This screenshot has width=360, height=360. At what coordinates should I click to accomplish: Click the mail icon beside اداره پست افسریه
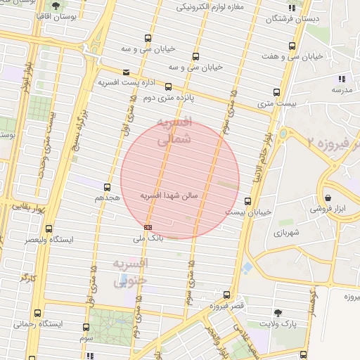[x=126, y=72]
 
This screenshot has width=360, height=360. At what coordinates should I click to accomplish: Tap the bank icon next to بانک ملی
[x=148, y=227]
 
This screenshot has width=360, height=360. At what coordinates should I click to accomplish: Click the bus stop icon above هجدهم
[x=107, y=187]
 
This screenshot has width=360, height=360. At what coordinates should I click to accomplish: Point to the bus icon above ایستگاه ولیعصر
[x=49, y=229]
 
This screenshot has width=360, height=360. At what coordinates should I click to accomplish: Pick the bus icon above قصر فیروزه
[x=226, y=295]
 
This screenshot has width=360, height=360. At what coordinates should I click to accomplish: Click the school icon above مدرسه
[x=342, y=79]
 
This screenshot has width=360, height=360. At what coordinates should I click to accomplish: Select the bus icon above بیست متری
[x=276, y=92]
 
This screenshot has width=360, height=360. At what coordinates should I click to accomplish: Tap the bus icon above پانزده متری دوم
[x=168, y=86]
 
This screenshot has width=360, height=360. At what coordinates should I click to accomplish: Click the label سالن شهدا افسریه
[x=171, y=194]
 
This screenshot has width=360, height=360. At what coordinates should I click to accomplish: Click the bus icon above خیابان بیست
[x=247, y=200]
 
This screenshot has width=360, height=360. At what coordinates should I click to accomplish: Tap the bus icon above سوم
[x=86, y=327]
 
